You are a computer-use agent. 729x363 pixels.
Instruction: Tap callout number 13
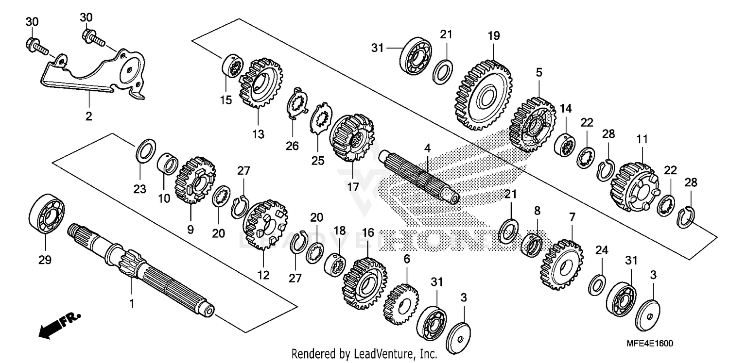coord(259,134)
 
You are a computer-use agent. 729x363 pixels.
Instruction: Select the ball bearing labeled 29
coord(47,212)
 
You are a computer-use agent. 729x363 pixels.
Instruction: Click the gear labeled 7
coord(561,264)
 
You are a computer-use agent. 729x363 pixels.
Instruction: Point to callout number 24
coord(602,250)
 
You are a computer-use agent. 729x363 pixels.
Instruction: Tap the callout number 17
coord(352,186)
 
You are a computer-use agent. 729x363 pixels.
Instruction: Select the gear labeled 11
coord(634,185)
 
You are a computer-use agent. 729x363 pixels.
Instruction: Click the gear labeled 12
coord(265,225)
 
